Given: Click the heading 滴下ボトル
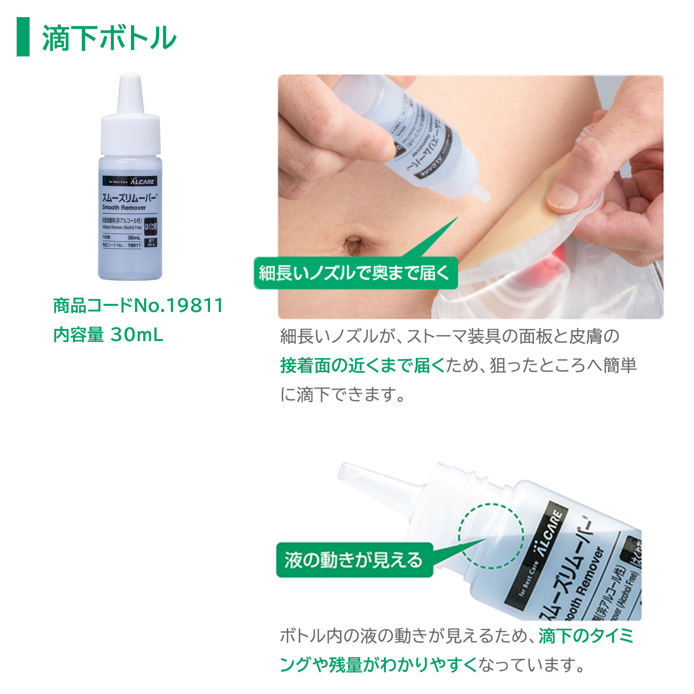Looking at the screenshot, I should (x=109, y=38).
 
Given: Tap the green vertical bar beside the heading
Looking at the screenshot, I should (x=23, y=37).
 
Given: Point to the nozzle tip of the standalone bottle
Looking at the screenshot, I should (x=130, y=79).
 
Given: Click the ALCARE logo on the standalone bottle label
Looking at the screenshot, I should (x=142, y=182).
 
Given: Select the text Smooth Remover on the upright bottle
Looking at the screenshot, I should (x=124, y=208).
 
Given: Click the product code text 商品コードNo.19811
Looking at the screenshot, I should (x=138, y=305).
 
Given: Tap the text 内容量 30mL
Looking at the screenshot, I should (x=108, y=335).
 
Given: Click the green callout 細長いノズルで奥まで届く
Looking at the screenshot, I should (x=355, y=273).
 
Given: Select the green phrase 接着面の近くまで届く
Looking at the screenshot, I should (x=362, y=366).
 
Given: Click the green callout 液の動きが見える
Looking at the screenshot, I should (x=354, y=560).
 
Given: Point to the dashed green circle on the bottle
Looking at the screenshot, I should (x=491, y=536).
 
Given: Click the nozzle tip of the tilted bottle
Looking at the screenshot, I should (x=345, y=472).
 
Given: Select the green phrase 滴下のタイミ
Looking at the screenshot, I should (x=586, y=636).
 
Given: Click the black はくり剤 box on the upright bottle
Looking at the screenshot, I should (x=151, y=226).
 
